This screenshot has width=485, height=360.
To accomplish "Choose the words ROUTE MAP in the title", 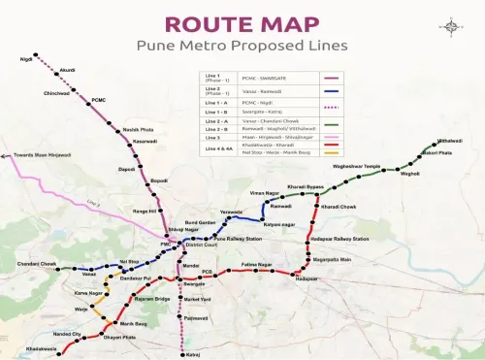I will click(x=242, y=23).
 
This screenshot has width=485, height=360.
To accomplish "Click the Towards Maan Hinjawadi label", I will click(x=36, y=154).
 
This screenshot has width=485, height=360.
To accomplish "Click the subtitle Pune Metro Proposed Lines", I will click(x=242, y=45).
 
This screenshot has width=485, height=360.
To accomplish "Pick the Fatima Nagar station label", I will click(x=257, y=264).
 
